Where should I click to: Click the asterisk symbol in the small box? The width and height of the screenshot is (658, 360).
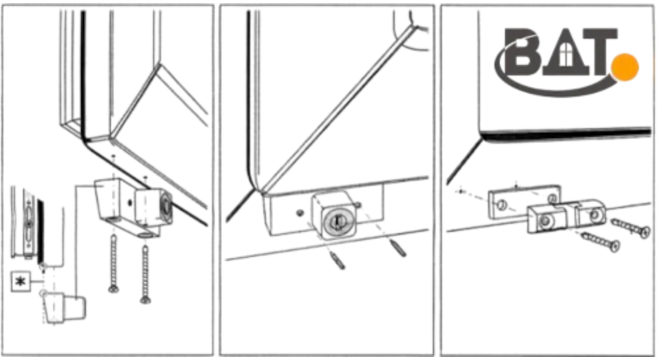[x=20, y=282]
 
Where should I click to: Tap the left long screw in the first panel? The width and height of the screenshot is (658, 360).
[x=113, y=264]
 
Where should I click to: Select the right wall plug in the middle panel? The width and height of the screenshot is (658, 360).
[x=398, y=248]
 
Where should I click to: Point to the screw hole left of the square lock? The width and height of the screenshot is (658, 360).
[x=299, y=213]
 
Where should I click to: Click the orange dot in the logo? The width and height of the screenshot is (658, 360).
[x=625, y=67]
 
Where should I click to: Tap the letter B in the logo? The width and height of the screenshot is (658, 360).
[x=523, y=52]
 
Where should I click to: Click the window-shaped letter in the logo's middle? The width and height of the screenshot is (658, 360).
[x=565, y=53]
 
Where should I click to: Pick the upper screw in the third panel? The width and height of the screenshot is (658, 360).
[x=630, y=227]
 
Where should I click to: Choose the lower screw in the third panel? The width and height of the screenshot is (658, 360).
[x=600, y=241]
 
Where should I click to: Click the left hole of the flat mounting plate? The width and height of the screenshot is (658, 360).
[x=501, y=205]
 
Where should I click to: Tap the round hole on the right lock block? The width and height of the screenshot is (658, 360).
[x=594, y=215]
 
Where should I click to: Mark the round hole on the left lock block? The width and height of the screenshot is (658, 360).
[x=546, y=221]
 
